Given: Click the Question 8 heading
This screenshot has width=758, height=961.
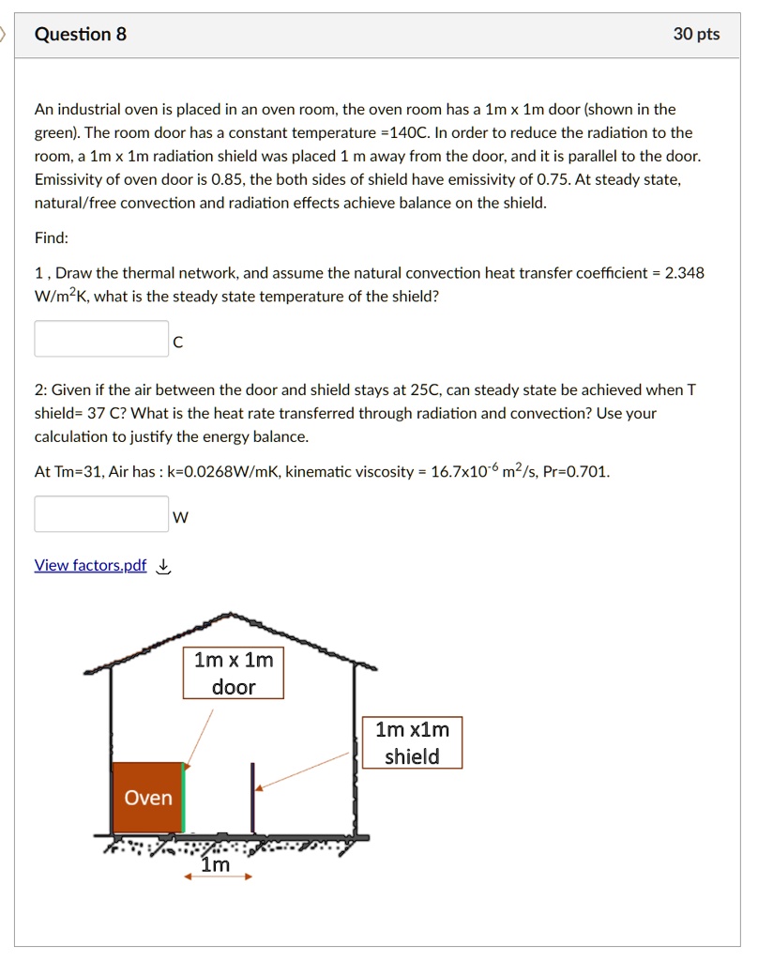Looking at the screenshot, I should tap(80, 35).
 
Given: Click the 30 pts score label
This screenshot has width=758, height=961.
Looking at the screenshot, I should tap(696, 35).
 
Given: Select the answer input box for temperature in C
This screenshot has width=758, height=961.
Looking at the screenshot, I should tap(101, 339).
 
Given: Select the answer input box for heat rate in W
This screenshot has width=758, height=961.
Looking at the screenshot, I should tap(101, 513).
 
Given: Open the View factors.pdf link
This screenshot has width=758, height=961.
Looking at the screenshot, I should tap(90, 565).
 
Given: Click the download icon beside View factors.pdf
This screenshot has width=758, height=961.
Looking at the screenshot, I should tap(163, 565).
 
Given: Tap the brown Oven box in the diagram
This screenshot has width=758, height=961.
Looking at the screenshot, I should tap(147, 798).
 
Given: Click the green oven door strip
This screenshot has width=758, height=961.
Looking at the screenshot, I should tap(184, 798).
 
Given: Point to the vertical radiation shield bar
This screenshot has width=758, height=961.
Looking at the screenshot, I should tap(252, 798).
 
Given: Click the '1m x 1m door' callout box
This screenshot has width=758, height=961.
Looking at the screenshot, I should tap(234, 673).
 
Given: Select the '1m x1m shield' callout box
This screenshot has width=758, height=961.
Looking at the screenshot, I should tap(412, 742).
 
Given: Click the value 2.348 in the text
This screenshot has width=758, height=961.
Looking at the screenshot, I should tap(684, 273).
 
